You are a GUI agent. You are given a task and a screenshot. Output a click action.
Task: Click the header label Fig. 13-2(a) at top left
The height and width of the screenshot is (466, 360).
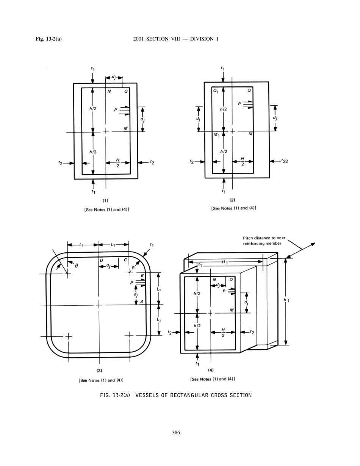tap(49, 39)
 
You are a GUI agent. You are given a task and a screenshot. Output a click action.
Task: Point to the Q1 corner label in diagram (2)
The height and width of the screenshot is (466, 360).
tap(215, 91)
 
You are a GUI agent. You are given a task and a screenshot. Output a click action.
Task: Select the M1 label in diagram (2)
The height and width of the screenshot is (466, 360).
tap(216, 135)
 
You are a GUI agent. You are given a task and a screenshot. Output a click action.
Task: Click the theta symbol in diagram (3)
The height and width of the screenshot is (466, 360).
tap(76, 266)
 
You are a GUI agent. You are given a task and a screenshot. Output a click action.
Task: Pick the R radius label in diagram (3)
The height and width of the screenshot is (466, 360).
tap(133, 268)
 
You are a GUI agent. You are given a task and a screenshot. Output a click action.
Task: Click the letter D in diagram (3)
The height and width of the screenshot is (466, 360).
tap(102, 260)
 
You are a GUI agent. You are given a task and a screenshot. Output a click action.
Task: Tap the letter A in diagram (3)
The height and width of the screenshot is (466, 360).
tap(142, 302)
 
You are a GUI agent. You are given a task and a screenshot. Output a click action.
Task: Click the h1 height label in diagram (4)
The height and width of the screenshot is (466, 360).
tap(286, 300)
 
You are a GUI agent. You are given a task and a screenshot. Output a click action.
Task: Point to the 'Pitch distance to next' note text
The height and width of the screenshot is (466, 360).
tap(264, 238)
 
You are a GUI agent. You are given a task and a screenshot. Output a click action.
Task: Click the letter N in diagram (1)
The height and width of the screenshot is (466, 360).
tap(109, 91)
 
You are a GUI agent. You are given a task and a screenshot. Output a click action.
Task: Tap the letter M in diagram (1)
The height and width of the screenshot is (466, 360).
tap(125, 129)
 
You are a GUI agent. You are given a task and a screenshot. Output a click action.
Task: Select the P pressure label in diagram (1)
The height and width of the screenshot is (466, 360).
tap(115, 109)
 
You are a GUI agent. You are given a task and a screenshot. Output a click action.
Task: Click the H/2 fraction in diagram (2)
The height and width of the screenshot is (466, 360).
tap(243, 161)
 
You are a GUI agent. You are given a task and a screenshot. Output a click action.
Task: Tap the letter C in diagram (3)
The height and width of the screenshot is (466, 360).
tap(125, 260)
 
